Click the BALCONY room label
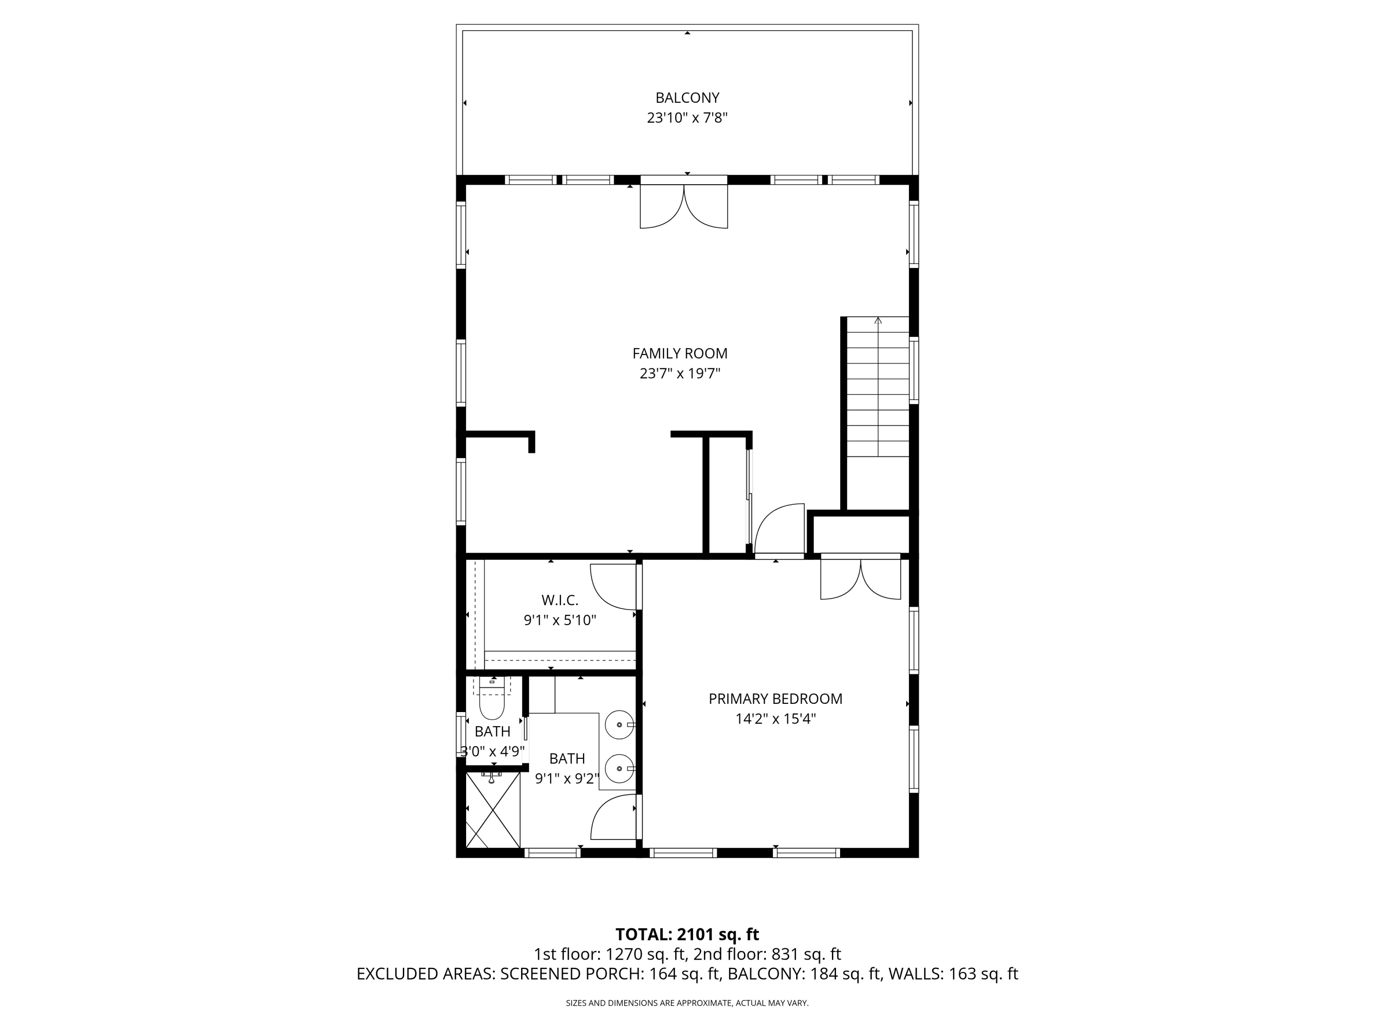coord(687,98)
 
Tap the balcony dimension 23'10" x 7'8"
coord(687,118)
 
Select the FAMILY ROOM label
coord(679,354)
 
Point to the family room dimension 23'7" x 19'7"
coord(679,373)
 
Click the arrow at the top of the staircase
coord(878,321)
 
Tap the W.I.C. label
coord(560,600)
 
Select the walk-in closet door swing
coord(612,586)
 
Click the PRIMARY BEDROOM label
coord(775,698)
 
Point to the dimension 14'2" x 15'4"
coord(775,719)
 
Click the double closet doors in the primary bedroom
coord(860,579)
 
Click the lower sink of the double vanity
coord(620,769)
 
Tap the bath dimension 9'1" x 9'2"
coord(567,779)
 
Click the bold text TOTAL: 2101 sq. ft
coord(687,935)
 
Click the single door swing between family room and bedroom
coord(778,530)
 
